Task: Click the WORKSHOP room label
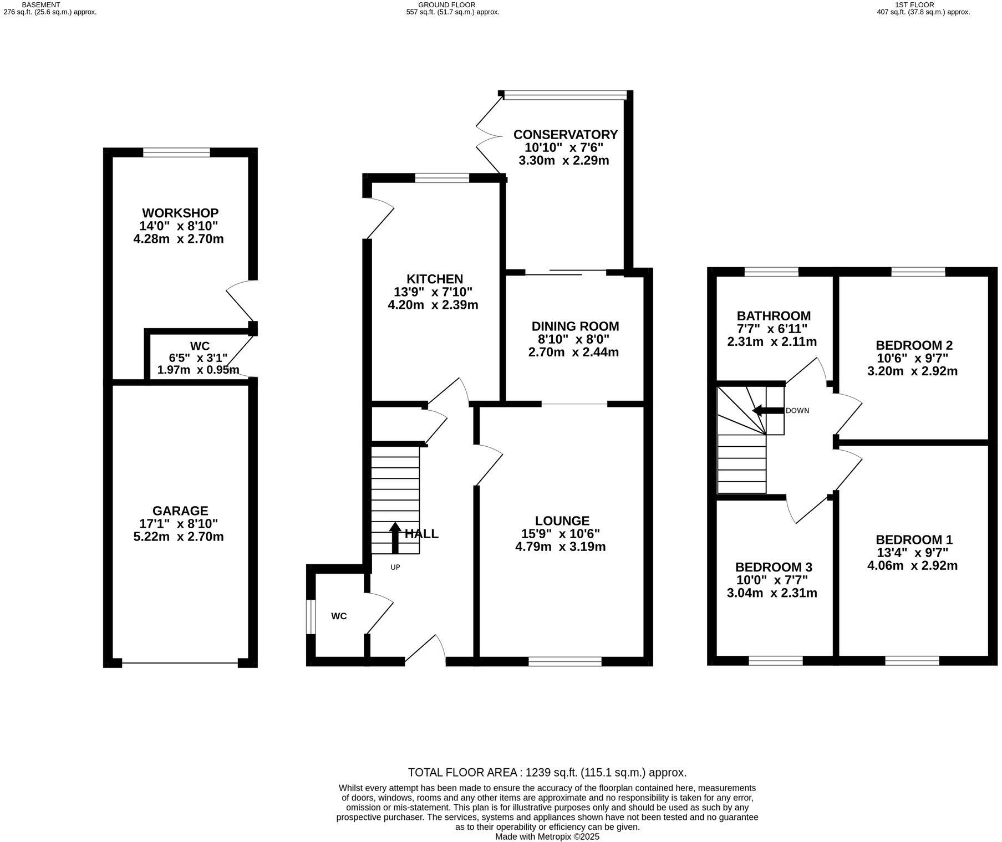(180, 213)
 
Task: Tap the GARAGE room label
(180, 511)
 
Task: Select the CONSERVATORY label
(565, 135)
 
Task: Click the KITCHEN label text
(434, 279)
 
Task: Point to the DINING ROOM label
(575, 326)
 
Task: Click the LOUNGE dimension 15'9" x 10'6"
(562, 534)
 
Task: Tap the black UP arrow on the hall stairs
(395, 537)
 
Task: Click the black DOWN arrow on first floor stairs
(765, 411)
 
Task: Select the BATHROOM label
(773, 316)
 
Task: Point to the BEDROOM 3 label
(773, 567)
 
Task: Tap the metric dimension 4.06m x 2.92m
(912, 565)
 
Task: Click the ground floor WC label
(339, 616)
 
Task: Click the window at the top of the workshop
(176, 152)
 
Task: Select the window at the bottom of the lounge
(564, 661)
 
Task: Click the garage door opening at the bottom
(180, 663)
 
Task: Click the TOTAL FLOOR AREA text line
(547, 772)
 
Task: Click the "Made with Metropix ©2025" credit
(547, 836)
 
